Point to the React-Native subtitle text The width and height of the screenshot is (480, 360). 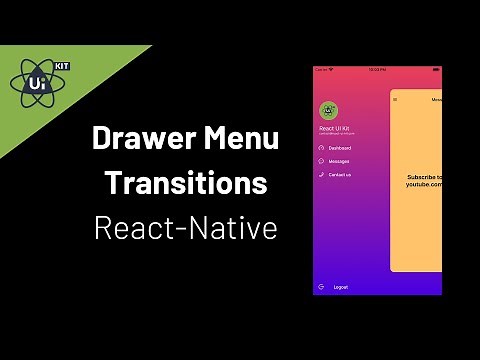point(185,228)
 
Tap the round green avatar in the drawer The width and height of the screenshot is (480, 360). point(327,111)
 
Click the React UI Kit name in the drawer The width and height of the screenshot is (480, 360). point(335,129)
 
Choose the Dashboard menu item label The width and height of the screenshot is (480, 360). point(342,148)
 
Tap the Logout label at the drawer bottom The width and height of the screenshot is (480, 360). point(340,287)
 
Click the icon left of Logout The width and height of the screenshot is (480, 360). point(321,287)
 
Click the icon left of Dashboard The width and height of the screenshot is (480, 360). point(321,148)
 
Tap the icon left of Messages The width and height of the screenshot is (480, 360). point(321,161)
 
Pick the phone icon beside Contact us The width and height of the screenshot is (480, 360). point(321,174)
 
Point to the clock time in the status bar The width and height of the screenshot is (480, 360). point(378,70)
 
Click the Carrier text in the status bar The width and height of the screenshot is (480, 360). point(322,70)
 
